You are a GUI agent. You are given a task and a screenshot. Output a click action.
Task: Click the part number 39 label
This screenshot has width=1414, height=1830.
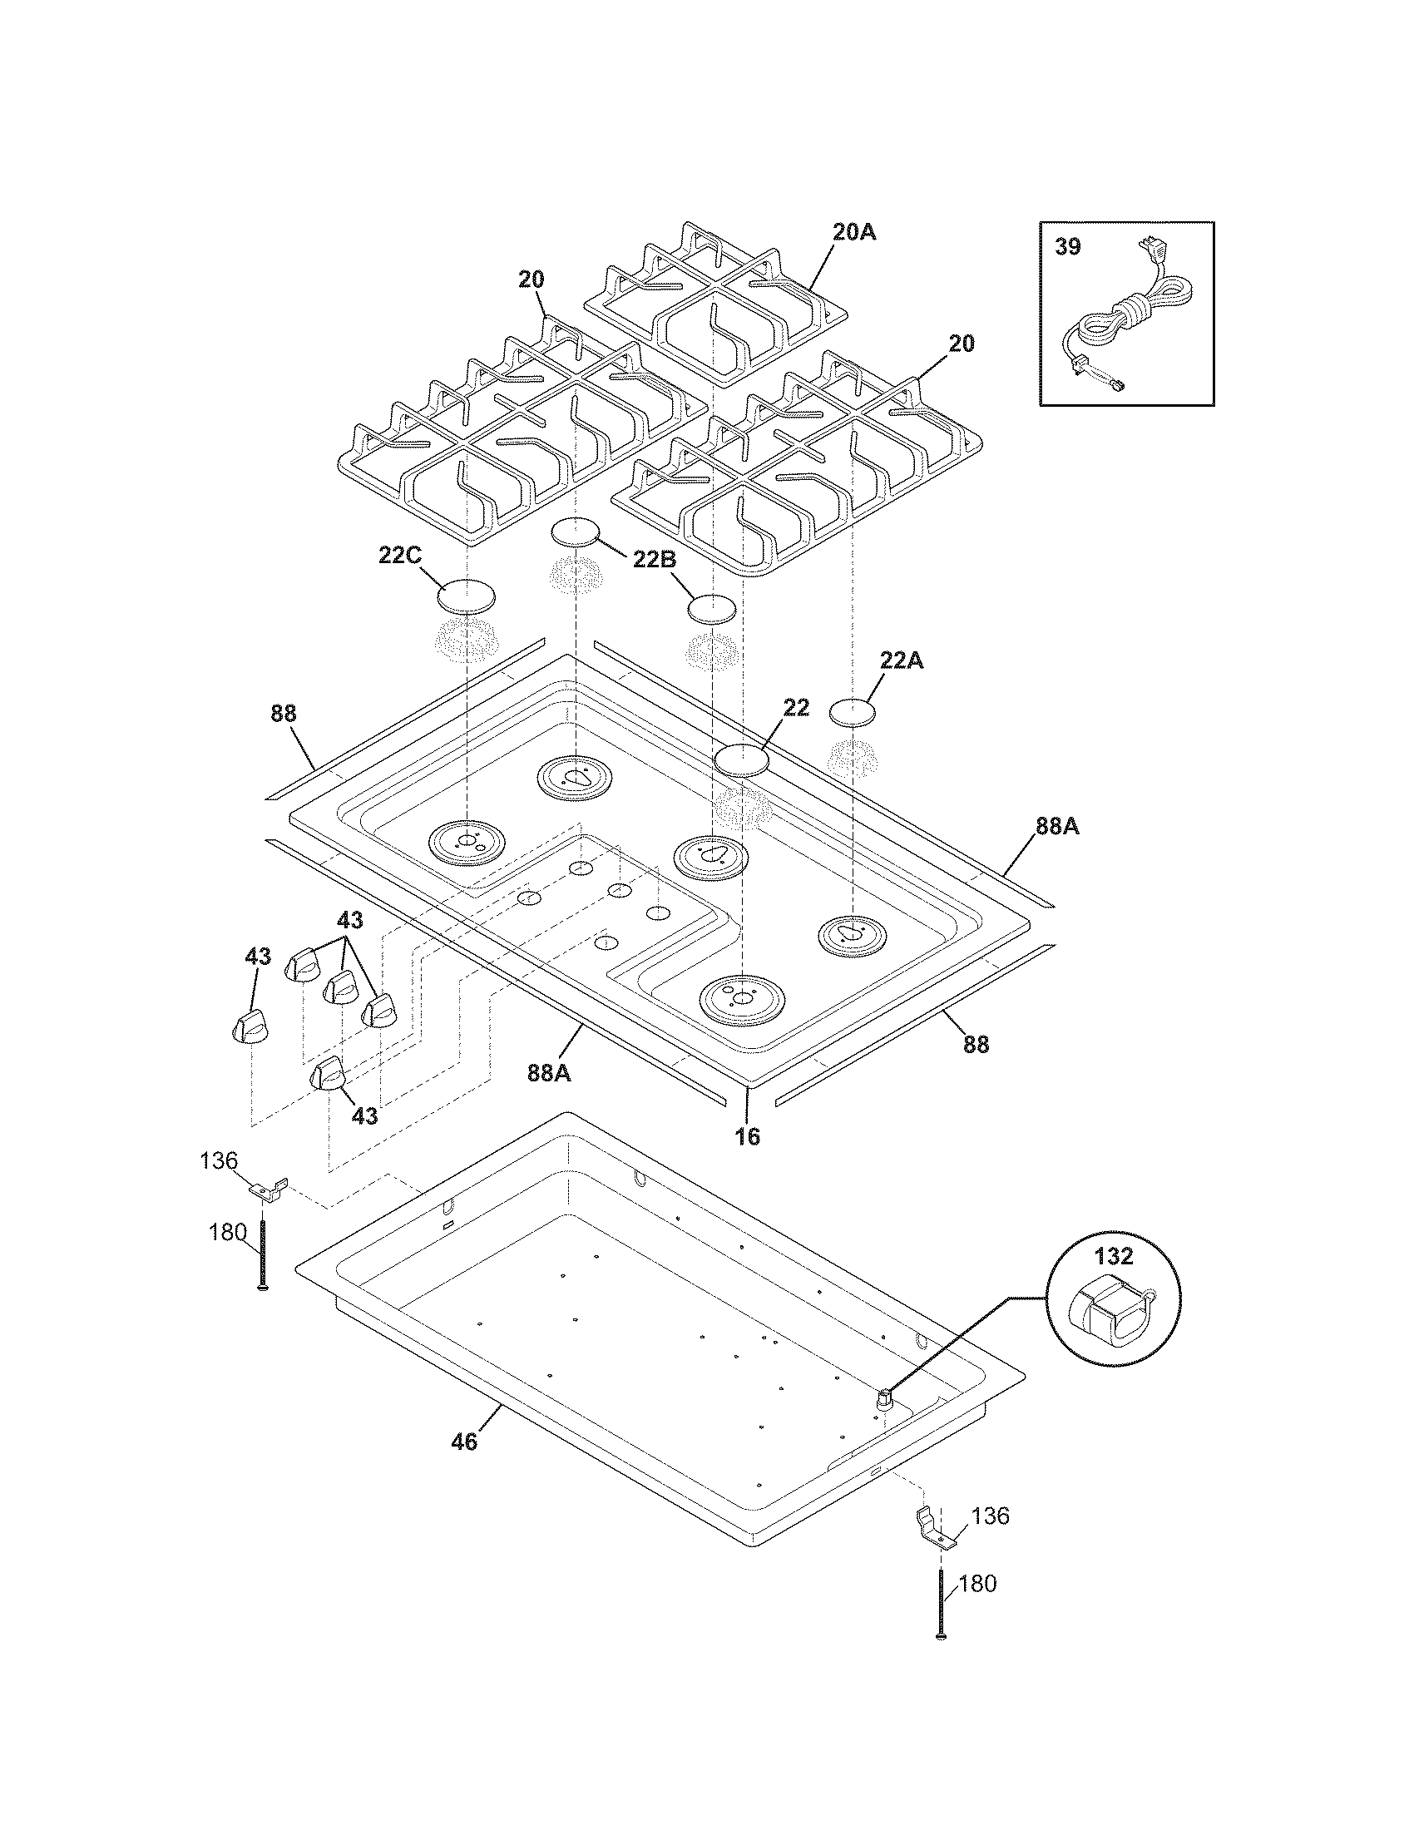pos(1067,247)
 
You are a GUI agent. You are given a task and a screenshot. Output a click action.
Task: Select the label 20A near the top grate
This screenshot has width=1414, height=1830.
pos(853,232)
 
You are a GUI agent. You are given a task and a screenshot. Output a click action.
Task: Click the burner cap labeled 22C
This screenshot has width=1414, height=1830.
pos(466,596)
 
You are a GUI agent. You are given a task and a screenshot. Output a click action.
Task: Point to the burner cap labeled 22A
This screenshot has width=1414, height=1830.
pos(853,712)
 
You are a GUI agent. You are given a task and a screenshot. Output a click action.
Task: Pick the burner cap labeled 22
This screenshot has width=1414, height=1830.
pos(740,759)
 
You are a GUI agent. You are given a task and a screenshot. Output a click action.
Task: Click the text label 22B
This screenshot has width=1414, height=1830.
pos(655,560)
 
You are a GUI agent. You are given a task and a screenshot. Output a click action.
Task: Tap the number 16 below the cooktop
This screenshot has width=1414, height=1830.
pos(747,1136)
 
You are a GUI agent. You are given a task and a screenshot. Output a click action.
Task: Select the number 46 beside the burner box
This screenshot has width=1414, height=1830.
pos(463,1442)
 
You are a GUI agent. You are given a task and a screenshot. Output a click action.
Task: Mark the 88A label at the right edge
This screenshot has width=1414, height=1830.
pos(1057,826)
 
